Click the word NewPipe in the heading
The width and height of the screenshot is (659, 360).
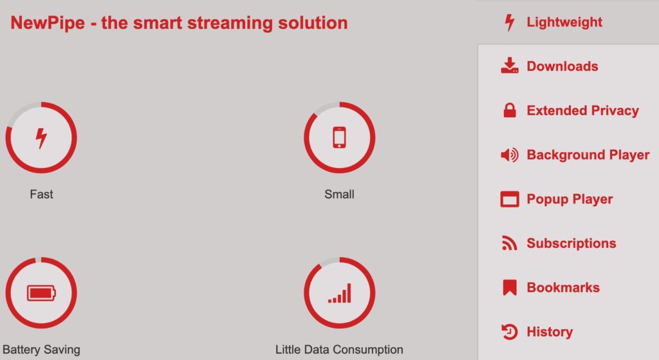point(48,23)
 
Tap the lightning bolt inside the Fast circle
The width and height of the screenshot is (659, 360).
point(41,138)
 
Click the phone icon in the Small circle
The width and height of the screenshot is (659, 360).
point(340,138)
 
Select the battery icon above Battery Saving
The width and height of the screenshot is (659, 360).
point(41,293)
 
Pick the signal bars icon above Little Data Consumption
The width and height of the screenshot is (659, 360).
point(340,293)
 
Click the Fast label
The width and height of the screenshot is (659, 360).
point(41,194)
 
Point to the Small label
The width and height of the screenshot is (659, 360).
point(339,194)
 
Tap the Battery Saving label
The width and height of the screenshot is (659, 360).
point(41,350)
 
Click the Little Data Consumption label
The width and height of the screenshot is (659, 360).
point(339,350)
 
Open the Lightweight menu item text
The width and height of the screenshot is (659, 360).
point(564,23)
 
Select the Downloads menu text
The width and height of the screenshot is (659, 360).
point(562,66)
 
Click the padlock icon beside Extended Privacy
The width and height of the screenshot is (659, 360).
point(510,110)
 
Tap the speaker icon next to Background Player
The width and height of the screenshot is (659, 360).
point(510,155)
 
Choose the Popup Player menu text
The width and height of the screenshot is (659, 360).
point(570,199)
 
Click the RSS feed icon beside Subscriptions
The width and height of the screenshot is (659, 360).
point(510,243)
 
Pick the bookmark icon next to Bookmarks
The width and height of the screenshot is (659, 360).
point(510,288)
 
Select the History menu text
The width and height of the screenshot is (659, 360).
point(550,332)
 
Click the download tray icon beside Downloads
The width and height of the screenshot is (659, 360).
point(510,66)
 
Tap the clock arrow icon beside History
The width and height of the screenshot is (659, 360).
point(510,332)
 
